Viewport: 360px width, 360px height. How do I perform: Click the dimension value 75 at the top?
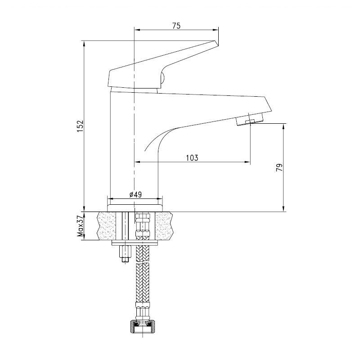point(176,26)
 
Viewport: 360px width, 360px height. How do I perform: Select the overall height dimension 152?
point(80,126)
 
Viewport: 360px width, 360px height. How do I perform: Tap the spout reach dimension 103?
point(192,158)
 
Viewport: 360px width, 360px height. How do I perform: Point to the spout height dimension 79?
point(279,167)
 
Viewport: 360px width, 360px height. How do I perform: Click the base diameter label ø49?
point(135,195)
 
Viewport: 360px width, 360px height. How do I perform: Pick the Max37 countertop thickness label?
point(80,226)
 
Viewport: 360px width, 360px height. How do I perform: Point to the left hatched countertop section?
point(107,226)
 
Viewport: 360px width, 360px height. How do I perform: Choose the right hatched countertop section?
point(164,226)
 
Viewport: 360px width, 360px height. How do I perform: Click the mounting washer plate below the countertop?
point(135,243)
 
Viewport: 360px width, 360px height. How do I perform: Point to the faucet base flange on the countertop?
point(135,207)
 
